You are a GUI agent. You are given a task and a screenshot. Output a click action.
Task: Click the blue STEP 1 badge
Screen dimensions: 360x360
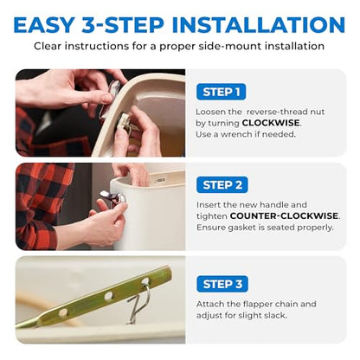click(221, 92)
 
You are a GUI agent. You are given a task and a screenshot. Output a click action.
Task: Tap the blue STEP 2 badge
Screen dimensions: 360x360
click(222, 185)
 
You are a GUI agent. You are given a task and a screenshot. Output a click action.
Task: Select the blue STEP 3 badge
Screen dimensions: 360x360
click(222, 284)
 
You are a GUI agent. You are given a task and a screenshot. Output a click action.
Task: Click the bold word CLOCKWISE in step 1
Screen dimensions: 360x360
click(271, 123)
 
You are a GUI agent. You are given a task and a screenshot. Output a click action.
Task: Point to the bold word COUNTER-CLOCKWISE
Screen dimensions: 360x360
click(284, 215)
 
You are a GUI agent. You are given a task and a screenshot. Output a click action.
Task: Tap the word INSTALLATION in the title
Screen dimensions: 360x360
click(258, 25)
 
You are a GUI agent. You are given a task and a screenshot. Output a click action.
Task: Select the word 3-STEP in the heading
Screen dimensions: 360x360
click(123, 25)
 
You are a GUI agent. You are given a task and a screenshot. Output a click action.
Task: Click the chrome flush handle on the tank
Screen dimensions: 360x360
click(112, 197)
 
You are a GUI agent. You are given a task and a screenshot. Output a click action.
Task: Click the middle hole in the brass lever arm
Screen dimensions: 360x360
click(108, 296)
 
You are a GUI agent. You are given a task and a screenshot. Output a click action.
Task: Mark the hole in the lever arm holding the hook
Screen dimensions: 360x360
click(145, 281)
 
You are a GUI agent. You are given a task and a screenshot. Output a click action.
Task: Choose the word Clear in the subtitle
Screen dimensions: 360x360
click(48, 46)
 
